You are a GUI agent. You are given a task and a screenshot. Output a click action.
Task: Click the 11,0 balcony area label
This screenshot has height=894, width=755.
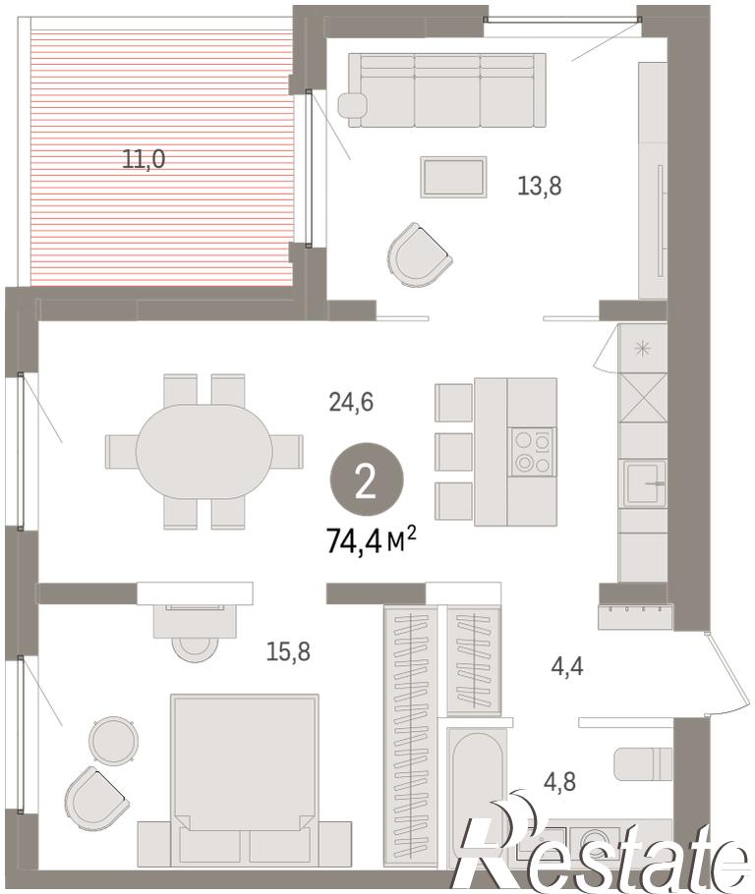[144, 158]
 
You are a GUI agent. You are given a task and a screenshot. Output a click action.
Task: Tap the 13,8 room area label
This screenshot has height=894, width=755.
[540, 186]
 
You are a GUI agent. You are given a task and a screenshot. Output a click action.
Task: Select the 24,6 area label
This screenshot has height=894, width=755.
[351, 402]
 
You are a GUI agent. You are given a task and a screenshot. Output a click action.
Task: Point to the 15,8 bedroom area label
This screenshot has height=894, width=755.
[288, 651]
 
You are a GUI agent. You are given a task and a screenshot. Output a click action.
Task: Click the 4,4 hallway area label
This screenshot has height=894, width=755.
[567, 666]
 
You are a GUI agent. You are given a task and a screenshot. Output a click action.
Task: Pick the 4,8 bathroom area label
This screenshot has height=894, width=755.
[559, 782]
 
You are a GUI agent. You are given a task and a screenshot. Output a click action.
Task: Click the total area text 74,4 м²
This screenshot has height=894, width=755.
[371, 539]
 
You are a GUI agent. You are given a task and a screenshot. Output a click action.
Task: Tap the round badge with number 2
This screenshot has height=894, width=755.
[367, 480]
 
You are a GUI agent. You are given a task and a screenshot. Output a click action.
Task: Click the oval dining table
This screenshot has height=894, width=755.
[203, 452]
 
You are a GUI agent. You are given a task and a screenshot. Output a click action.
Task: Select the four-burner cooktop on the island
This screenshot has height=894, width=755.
[532, 452]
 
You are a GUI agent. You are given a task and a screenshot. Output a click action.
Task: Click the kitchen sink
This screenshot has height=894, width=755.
[644, 483]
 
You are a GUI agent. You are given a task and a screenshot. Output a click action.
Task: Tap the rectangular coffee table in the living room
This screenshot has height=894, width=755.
[453, 177]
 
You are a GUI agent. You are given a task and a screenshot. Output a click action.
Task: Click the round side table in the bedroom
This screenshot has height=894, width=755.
[114, 740]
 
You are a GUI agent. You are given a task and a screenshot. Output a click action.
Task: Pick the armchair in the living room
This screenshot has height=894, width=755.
[420, 254]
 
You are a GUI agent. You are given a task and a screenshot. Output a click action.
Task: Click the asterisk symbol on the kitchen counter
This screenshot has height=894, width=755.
[643, 349]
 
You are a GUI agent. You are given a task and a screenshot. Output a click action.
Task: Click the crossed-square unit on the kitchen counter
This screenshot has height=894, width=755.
[643, 398]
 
